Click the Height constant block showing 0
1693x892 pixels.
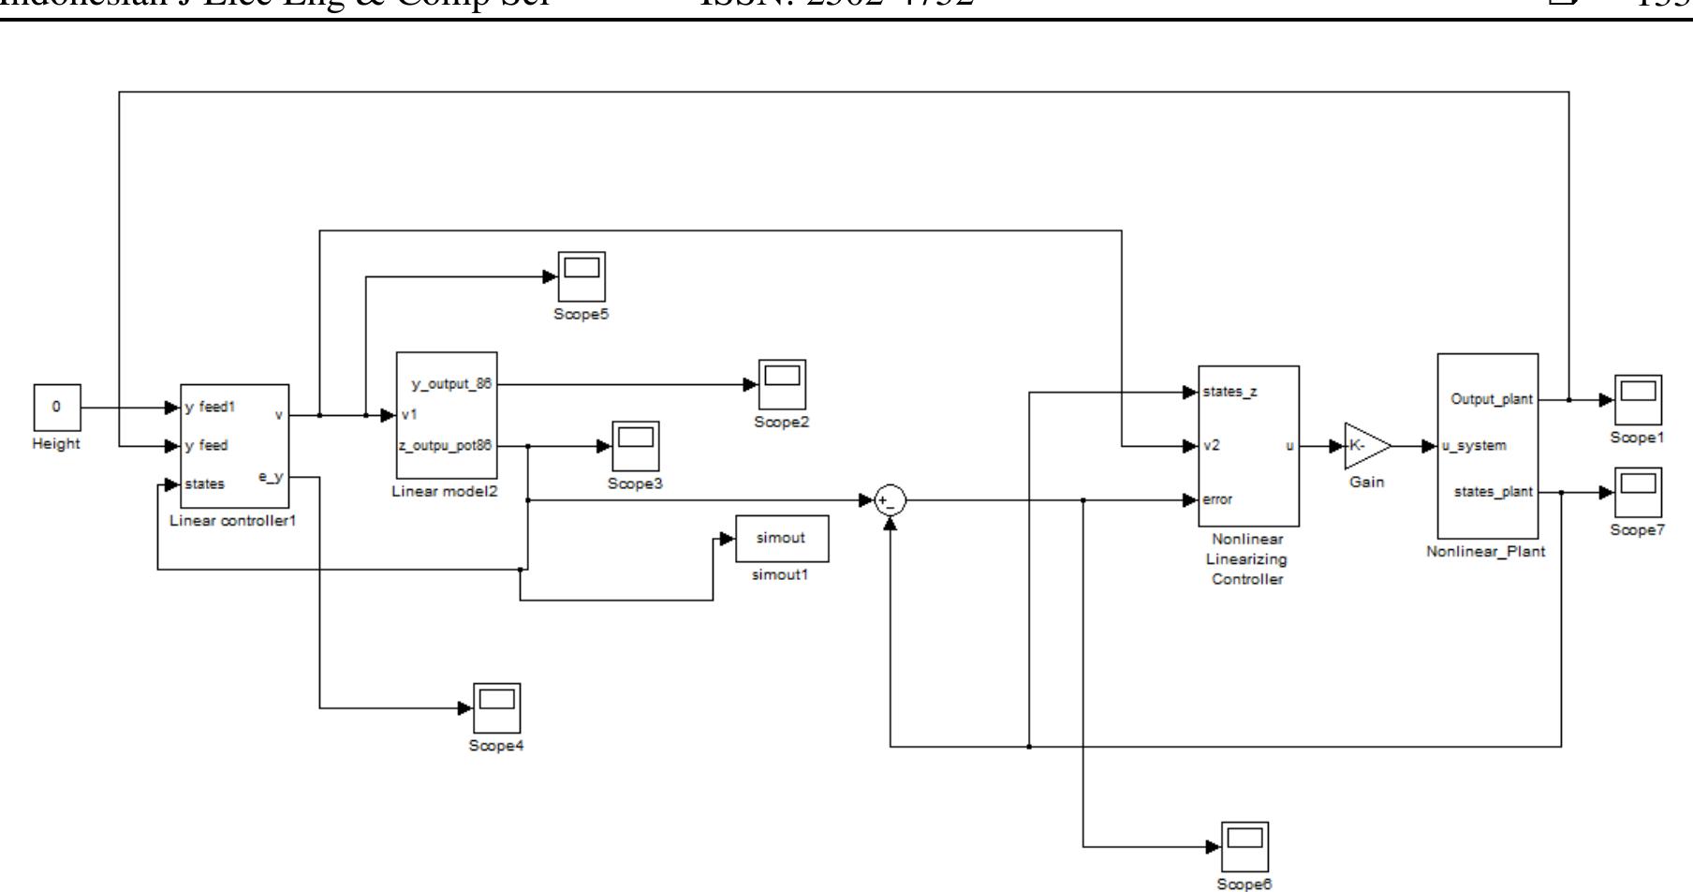pos(57,408)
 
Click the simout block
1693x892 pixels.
pos(781,539)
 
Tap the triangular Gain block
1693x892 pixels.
pos(1364,447)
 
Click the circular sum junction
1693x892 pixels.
pos(889,501)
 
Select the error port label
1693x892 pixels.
pos(1217,499)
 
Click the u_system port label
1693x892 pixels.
pos(1474,446)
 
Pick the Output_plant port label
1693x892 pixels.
pos(1492,399)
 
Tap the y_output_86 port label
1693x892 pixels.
pos(451,384)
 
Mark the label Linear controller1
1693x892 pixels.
pos(232,521)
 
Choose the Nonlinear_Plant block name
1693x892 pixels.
pos(1485,552)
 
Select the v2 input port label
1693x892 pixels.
pos(1212,446)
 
